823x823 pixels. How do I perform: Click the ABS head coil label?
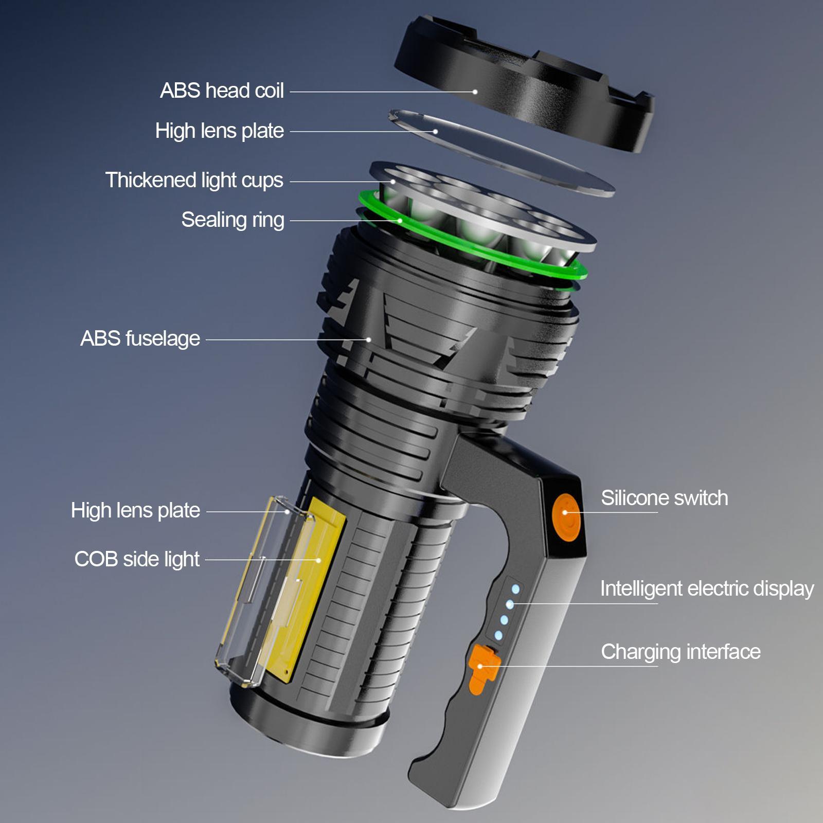point(222,91)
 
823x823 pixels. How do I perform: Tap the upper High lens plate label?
point(220,131)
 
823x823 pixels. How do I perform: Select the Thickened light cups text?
point(194,180)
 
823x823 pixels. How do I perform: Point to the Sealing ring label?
point(232,220)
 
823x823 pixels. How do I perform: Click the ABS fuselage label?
point(140,338)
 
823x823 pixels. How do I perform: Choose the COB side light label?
point(137,559)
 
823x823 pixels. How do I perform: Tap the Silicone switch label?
point(664,498)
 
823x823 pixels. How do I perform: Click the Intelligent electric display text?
point(706,588)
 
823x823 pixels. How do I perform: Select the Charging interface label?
point(680,652)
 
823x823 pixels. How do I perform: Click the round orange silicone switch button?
point(566,512)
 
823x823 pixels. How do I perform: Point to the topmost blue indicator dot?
point(515,589)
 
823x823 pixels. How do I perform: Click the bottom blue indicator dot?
point(498,635)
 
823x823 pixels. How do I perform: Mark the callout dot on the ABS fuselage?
point(369,339)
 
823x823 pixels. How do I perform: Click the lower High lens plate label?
point(135,510)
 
